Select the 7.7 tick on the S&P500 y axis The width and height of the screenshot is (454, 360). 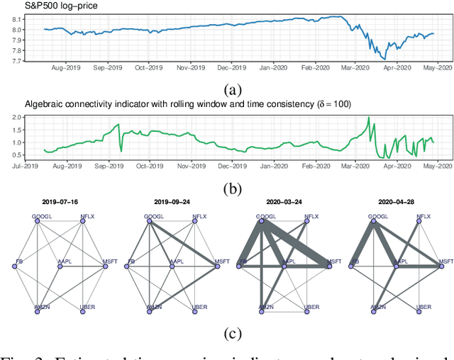click(15, 62)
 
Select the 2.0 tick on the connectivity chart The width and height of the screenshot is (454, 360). click(15, 116)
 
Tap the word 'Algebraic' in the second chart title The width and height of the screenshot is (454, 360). click(44, 104)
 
